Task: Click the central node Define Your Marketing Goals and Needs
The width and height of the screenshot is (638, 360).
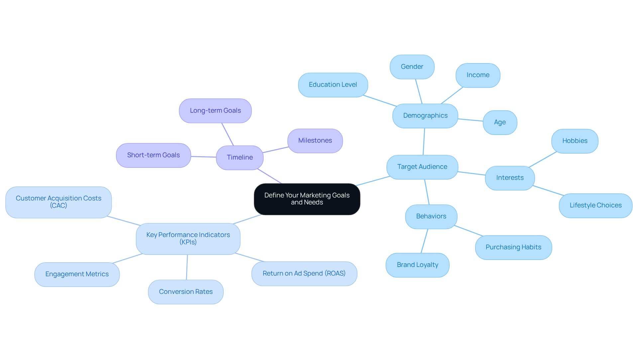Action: pyautogui.click(x=307, y=199)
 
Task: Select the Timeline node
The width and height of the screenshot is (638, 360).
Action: pyautogui.click(x=240, y=158)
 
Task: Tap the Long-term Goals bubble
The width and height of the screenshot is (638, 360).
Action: pyautogui.click(x=215, y=111)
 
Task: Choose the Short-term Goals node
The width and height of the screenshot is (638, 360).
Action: pyautogui.click(x=153, y=155)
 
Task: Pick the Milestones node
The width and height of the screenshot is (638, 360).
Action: pyautogui.click(x=315, y=141)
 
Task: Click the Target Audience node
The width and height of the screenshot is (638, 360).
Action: pyautogui.click(x=422, y=167)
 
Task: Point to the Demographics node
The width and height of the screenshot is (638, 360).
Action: pyautogui.click(x=425, y=116)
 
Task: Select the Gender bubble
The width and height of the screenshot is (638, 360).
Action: pyautogui.click(x=412, y=67)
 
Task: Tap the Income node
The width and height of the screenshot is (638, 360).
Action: pyautogui.click(x=478, y=75)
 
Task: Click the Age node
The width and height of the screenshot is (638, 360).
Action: pyautogui.click(x=500, y=122)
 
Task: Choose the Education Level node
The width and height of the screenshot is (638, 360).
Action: pyautogui.click(x=333, y=85)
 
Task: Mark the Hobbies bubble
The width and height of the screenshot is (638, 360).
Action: pyautogui.click(x=575, y=141)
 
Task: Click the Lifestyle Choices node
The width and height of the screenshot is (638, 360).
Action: pyautogui.click(x=595, y=205)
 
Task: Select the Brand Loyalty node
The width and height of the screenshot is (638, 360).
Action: pyautogui.click(x=417, y=265)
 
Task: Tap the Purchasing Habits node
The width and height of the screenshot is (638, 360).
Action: pyautogui.click(x=513, y=247)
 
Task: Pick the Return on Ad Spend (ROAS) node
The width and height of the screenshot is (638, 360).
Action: pyautogui.click(x=304, y=274)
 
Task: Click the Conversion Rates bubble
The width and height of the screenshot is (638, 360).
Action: pyautogui.click(x=185, y=292)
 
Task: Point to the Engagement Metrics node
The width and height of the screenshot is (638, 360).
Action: pyautogui.click(x=77, y=274)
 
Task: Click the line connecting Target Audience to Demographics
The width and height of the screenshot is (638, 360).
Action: pyautogui.click(x=424, y=142)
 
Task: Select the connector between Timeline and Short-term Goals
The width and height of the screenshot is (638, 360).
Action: pyautogui.click(x=203, y=157)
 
